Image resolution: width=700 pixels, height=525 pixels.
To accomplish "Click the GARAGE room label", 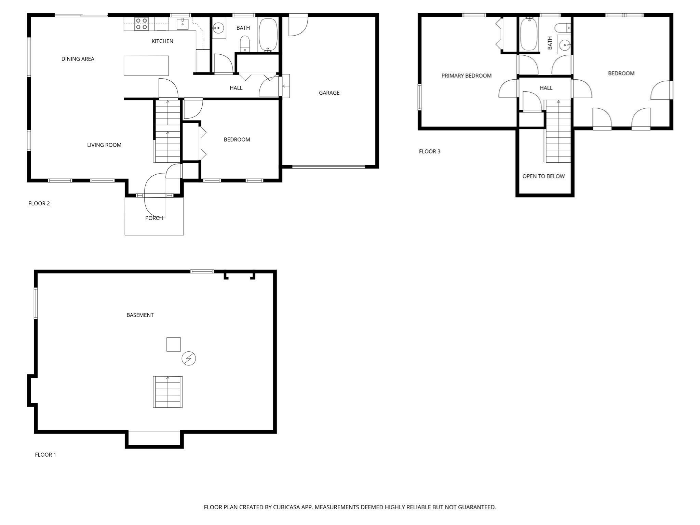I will tap(329, 93).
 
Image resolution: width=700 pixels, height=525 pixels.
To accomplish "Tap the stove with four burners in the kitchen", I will tap(141, 24).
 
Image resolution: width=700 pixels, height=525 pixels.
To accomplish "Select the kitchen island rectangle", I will tap(146, 66).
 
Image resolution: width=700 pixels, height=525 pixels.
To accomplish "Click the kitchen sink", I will tap(183, 24).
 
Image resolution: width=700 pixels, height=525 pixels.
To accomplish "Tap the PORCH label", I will tap(154, 218).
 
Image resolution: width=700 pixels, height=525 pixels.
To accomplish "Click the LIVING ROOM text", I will tap(104, 145).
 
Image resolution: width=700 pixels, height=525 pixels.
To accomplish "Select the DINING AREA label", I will tap(78, 59).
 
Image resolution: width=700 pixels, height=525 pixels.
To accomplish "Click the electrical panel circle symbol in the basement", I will tap(188, 358).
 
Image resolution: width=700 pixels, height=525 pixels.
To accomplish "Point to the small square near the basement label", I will tap(173, 344).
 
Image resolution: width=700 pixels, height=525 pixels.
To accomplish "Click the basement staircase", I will tap(167, 392).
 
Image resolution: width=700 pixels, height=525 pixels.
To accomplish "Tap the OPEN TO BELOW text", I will tap(543, 176).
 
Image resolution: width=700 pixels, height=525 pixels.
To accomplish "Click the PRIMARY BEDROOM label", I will tap(466, 76).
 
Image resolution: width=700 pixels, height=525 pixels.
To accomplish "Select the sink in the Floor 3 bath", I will tap(565, 44).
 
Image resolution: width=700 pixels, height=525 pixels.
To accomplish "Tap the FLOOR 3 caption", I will tap(430, 151).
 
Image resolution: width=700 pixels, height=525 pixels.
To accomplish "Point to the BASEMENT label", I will tap(140, 315).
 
